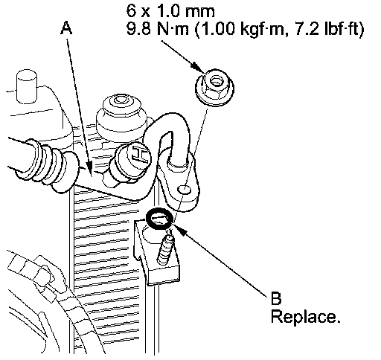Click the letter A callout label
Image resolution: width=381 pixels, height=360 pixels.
(66, 28)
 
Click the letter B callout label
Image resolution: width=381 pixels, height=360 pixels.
(276, 298)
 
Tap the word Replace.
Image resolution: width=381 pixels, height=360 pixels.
(305, 317)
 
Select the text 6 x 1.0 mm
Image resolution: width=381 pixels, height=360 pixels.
(170, 11)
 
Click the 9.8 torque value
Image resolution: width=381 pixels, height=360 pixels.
(139, 29)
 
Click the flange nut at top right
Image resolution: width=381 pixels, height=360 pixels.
(214, 88)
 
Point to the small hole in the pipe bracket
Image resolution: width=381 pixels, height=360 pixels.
(184, 190)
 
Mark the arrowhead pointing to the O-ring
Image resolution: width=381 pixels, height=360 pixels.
(180, 229)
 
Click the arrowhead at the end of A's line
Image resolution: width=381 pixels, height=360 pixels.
(89, 169)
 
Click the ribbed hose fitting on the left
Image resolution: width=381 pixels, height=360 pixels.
(47, 165)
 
